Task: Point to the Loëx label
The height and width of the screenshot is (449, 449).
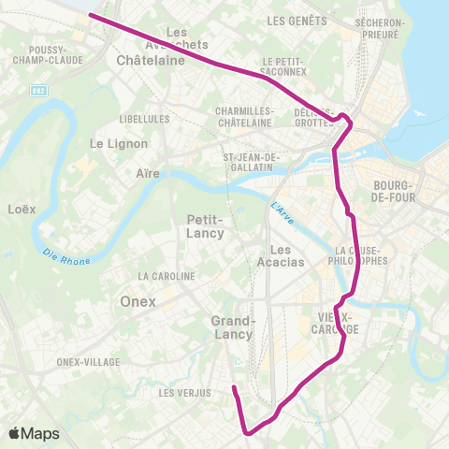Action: pos(22,209)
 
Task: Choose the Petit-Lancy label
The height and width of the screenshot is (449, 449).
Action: pos(205,226)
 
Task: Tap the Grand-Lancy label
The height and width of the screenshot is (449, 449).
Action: pos(231,327)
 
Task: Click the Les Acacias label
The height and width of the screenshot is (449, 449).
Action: pos(286,255)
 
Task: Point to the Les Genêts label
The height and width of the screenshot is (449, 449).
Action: pos(297,21)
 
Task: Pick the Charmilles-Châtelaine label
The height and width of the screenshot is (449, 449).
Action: pos(244,116)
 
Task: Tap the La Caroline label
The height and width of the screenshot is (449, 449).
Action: pos(166,277)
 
